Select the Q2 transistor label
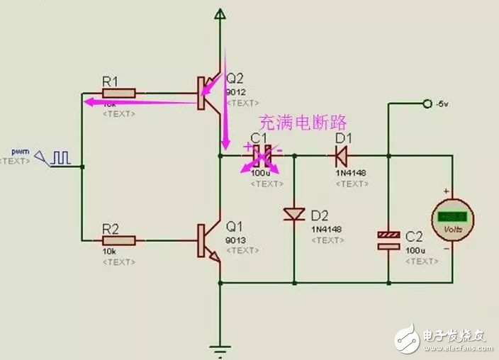(x=235, y=79)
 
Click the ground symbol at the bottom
(x=221, y=348)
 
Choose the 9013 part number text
(x=235, y=240)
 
